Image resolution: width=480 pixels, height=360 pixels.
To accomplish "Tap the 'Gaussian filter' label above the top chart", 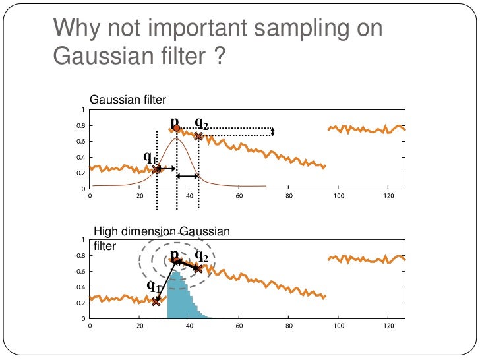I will coord(128,100).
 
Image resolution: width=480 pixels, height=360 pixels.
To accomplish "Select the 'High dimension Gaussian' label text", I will coord(162,231).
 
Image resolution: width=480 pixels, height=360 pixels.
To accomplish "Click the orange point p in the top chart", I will coord(176,128).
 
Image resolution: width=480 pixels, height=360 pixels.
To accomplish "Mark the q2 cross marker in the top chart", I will coord(198,136).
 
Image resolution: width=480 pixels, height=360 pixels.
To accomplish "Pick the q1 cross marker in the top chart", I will coord(156,169).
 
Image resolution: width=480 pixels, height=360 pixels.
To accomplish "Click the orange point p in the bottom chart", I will coord(176,260).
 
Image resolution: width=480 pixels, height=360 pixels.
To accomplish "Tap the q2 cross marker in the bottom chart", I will coord(198,268).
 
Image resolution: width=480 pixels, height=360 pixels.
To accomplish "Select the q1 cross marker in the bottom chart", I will coord(156,301).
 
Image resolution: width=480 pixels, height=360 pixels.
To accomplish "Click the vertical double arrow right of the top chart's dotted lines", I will coord(273,132).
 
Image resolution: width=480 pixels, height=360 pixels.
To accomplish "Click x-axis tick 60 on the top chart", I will coord(239,196).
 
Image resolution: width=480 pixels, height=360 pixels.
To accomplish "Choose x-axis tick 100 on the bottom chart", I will coord(338,326).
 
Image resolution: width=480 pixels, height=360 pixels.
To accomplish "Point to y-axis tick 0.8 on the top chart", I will coord(81,126).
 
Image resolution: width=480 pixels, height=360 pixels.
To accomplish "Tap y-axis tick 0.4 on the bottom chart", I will coord(81,287).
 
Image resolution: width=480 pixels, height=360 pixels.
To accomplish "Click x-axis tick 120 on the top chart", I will coord(388,196).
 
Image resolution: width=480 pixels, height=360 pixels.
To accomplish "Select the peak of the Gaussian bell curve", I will coord(176,139).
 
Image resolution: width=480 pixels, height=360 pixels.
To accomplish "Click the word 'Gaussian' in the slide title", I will coord(94,59).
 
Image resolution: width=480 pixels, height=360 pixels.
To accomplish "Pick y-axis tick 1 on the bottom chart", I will coord(83,240).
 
